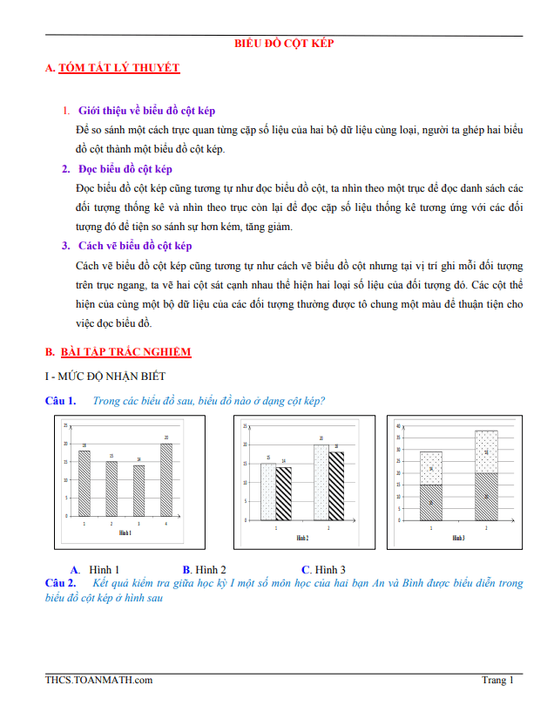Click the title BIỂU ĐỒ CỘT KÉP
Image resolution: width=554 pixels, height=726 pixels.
285,43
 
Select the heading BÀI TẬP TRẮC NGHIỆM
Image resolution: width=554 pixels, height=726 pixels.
125,351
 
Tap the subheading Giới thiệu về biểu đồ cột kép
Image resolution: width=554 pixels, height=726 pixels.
146,111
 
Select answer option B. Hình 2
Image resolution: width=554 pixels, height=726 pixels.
205,569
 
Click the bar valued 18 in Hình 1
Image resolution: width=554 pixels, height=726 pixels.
84,484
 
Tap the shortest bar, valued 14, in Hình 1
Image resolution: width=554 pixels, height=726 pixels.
139,491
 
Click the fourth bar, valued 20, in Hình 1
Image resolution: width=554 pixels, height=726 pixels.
166,480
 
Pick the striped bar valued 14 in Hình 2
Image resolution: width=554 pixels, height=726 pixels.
284,493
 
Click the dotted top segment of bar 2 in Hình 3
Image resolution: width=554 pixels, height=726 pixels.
486,451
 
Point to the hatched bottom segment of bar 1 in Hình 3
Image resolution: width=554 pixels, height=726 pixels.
431,502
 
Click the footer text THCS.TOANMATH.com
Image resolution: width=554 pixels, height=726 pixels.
99,681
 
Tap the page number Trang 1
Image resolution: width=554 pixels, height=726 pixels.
497,681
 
